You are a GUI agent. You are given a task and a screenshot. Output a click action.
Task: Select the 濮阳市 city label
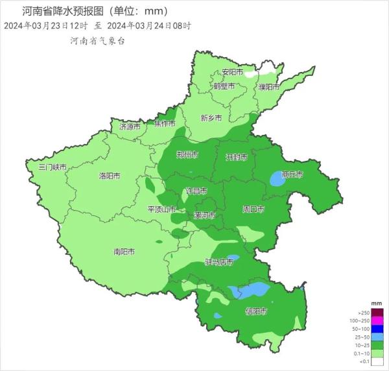point(268,86)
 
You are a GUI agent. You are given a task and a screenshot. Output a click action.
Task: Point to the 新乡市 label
point(211,118)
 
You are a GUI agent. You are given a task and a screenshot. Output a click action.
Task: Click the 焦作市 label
point(165,123)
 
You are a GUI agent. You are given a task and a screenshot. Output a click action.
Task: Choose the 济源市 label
point(130,127)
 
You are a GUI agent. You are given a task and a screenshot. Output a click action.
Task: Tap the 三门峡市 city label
point(53,167)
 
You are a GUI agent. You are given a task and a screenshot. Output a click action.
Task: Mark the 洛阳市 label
point(109,176)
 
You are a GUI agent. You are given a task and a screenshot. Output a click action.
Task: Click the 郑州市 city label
point(187,155)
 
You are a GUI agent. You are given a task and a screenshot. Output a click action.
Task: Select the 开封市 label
point(236,158)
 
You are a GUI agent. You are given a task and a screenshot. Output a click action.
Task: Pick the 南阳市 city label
point(124,251)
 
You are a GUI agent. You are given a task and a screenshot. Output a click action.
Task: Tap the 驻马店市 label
point(219,262)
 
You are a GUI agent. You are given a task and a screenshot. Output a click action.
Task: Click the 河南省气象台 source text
point(97,40)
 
